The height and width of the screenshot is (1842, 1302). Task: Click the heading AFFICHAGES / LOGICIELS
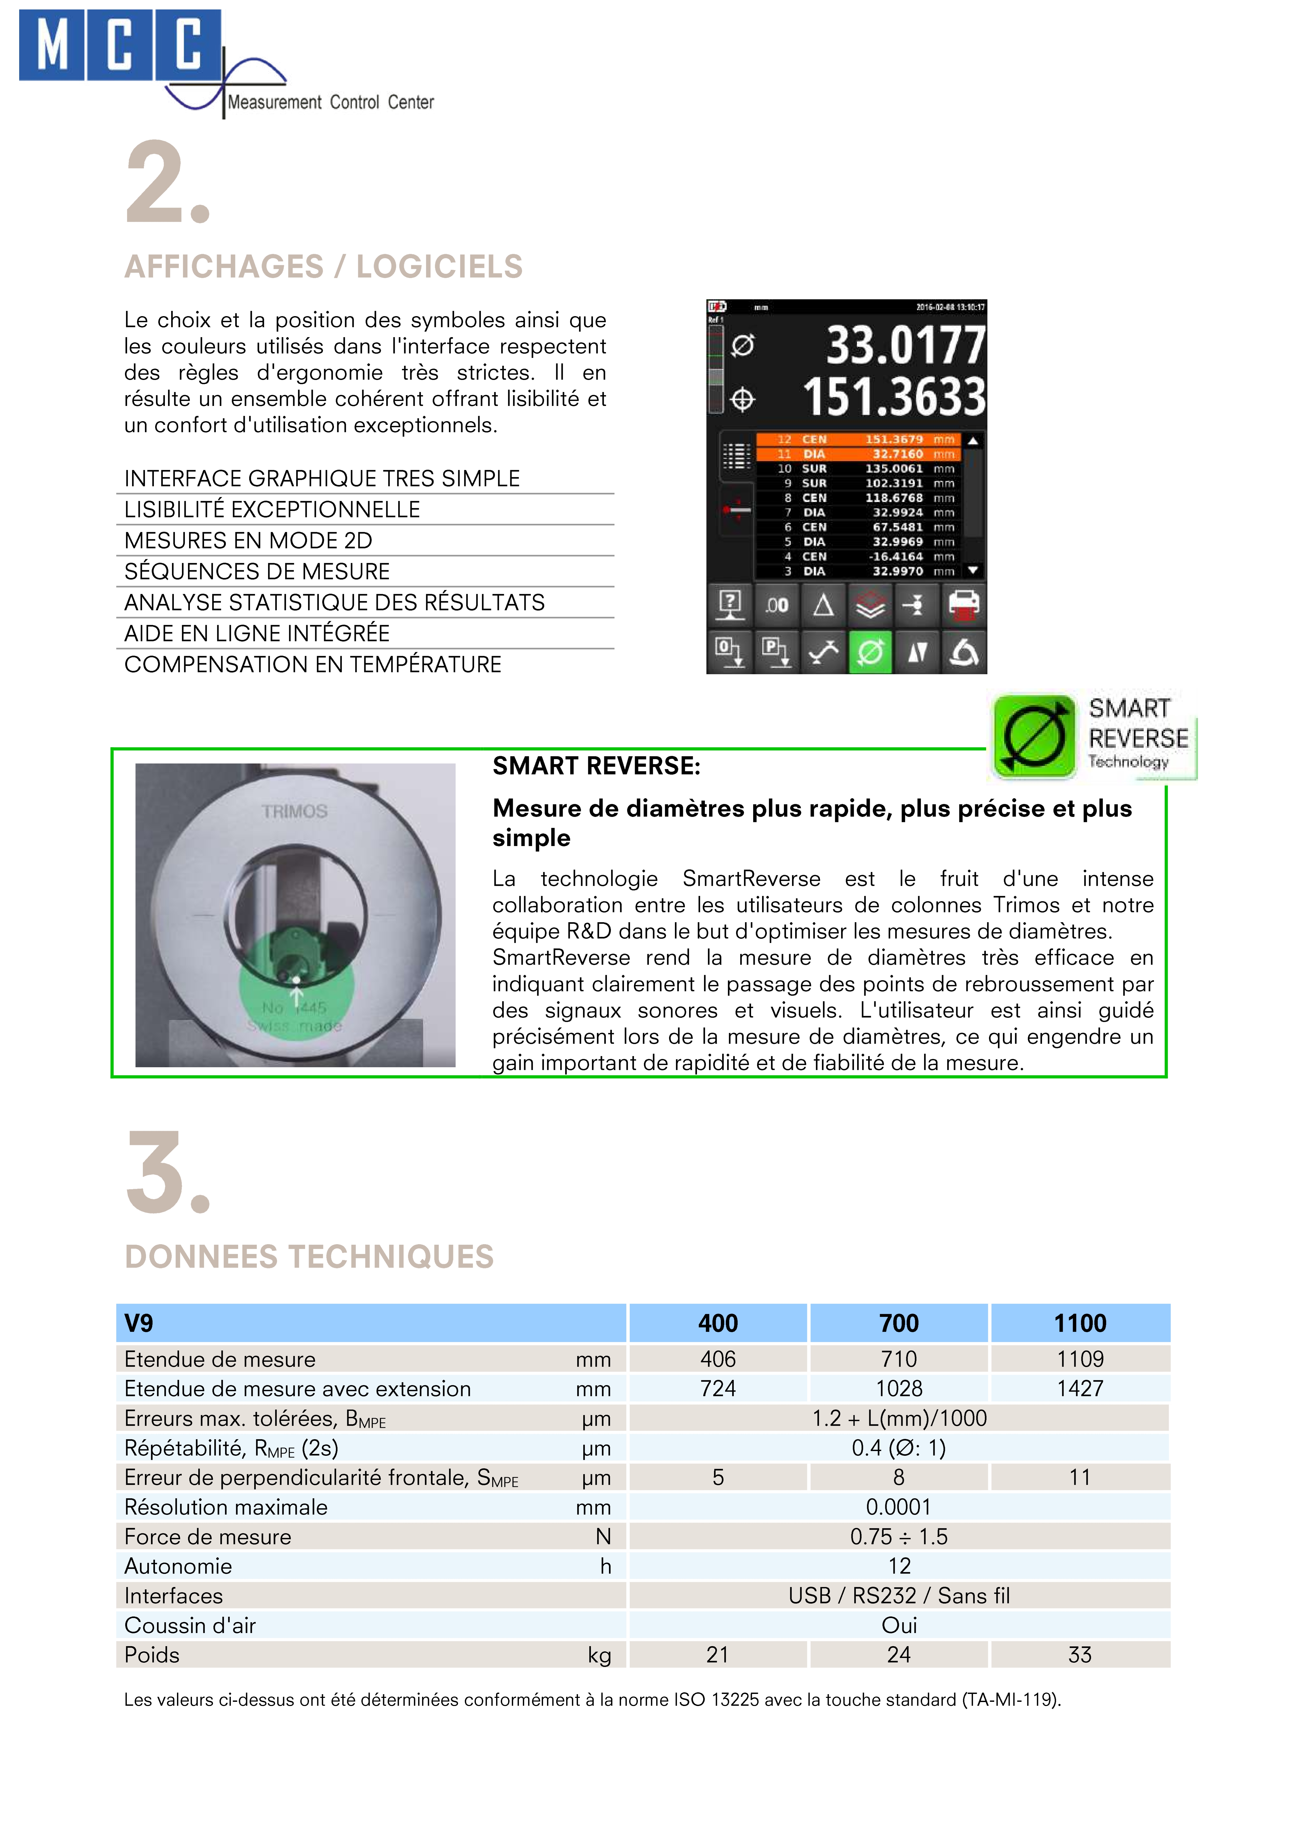coord(323,266)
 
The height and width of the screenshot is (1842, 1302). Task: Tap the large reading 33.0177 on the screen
coord(905,345)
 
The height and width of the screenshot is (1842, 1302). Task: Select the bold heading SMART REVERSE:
coord(596,766)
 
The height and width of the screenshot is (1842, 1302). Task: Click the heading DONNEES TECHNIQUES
coord(309,1256)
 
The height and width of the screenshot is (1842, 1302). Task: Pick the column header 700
coord(898,1323)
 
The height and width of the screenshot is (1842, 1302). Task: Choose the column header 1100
coord(1080,1323)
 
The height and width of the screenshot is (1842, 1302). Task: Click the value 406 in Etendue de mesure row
coord(718,1359)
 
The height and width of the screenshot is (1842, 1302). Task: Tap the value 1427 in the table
coord(1080,1389)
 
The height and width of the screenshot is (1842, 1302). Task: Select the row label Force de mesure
coord(208,1536)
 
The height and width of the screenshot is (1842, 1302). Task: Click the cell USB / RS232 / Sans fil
coord(898,1596)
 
